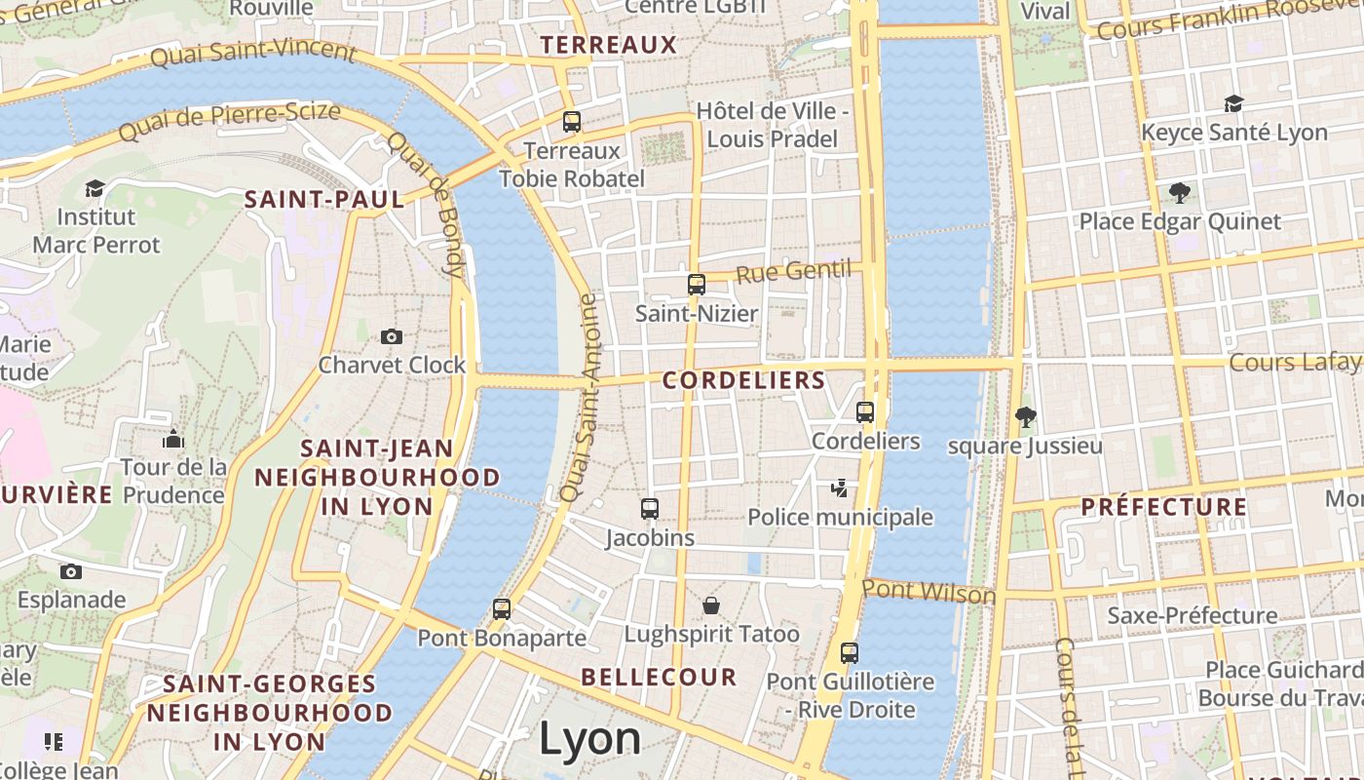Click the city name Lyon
589,739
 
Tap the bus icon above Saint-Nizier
696,285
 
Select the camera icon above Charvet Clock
392,337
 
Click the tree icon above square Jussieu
1025,417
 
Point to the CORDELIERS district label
744,380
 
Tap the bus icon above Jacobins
650,509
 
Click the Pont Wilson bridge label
928,592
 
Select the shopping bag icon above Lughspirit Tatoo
711,605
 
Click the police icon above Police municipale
839,487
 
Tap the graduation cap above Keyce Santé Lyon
1233,104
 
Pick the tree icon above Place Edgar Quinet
1179,193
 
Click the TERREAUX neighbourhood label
608,45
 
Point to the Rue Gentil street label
793,271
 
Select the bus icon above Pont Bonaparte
502,609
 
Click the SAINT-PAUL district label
324,200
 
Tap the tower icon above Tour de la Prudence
173,440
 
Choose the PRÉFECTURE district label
1163,507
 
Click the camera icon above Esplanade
71,571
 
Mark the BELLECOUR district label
659,677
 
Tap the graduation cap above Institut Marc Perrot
95,188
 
